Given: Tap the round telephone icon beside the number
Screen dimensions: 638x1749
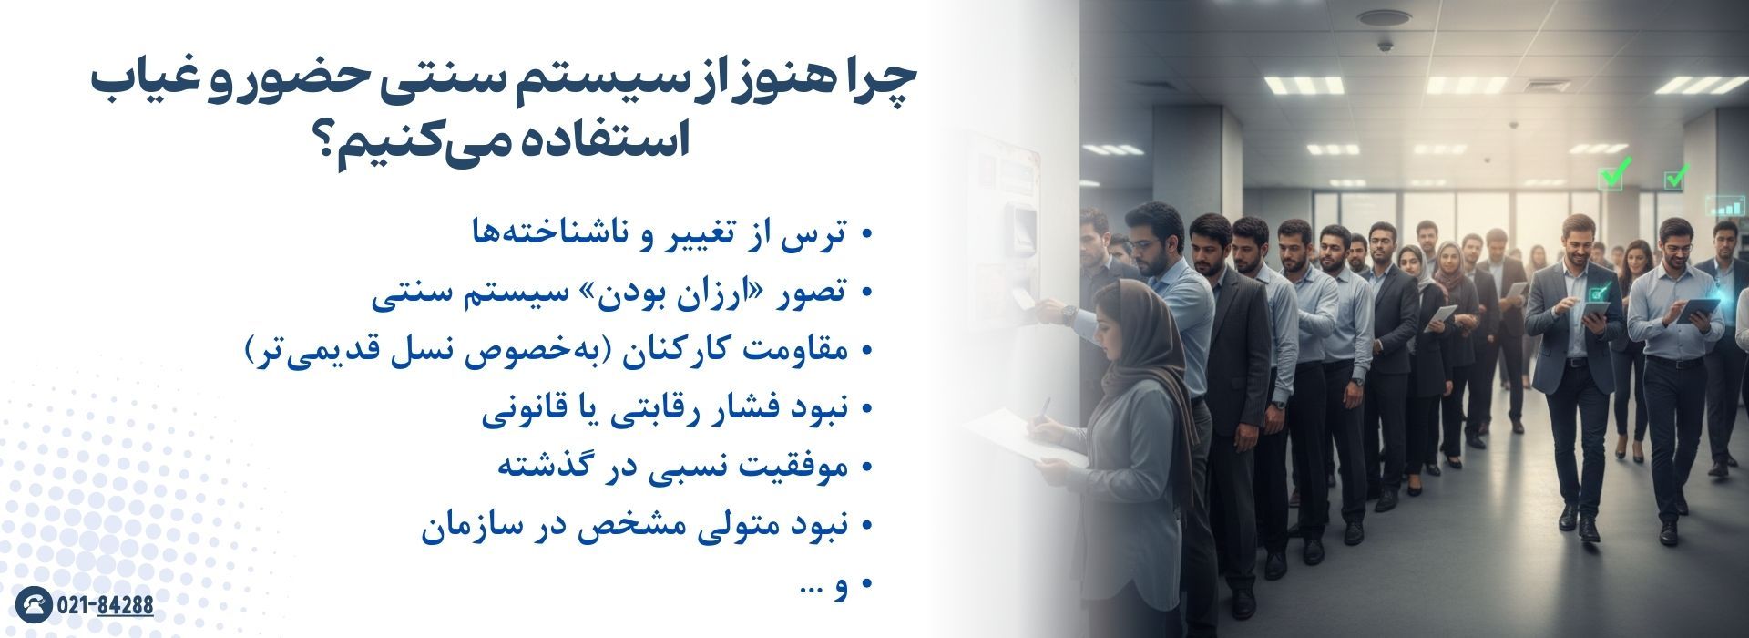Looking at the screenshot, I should click(x=34, y=605).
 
